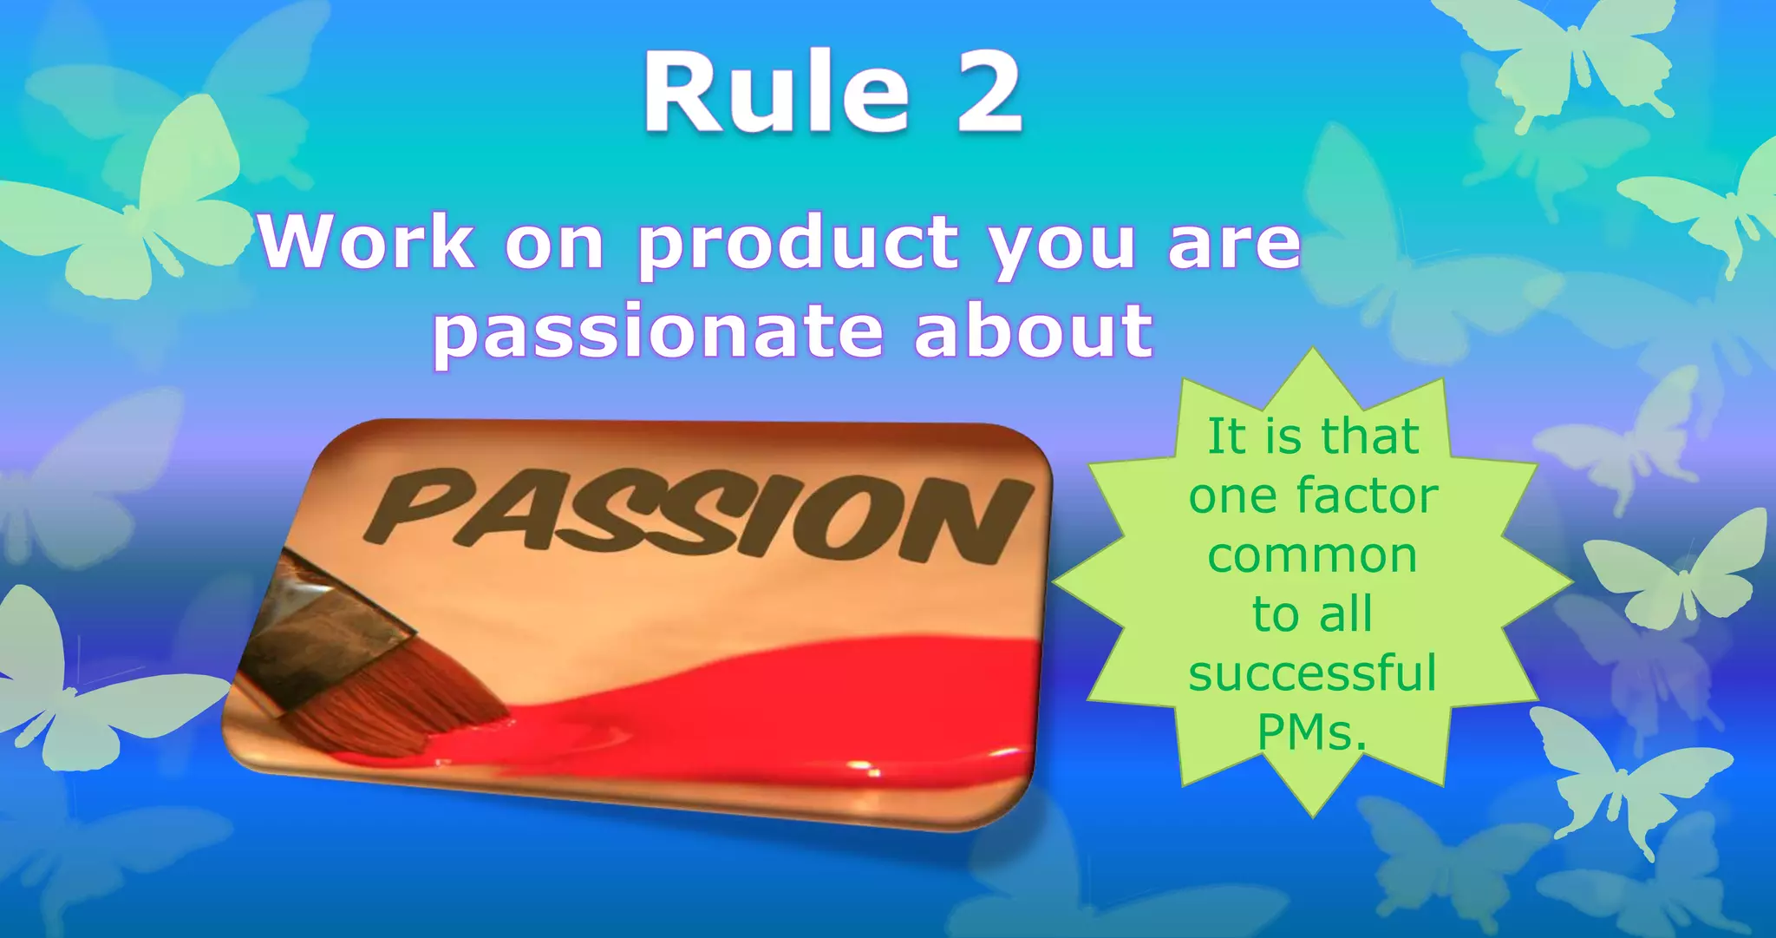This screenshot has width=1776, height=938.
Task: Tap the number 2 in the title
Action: (989, 94)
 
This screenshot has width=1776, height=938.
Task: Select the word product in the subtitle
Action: (798, 246)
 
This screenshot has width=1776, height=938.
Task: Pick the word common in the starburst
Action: (1312, 556)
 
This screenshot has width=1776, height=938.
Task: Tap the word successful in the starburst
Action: (1312, 674)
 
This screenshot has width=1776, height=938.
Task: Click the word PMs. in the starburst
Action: (1312, 733)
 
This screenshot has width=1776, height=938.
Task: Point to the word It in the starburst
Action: (1226, 436)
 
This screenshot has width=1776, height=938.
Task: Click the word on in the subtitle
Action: (554, 246)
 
